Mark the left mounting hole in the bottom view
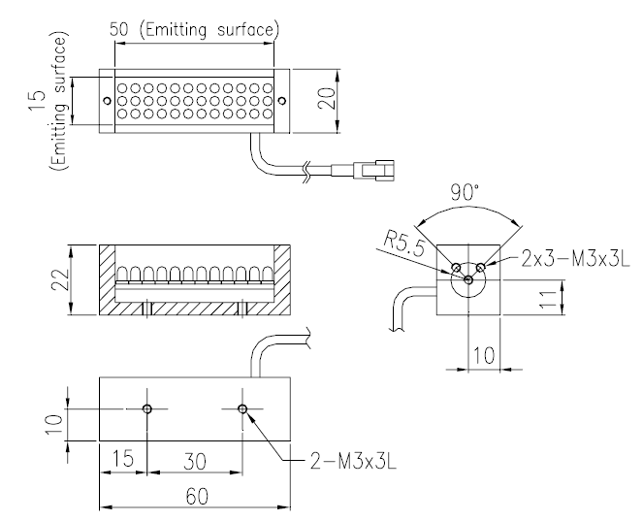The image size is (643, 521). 145,408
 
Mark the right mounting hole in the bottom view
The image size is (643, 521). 242,408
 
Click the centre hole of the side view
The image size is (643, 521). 468,279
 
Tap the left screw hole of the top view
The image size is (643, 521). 108,98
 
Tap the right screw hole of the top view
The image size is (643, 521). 281,98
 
